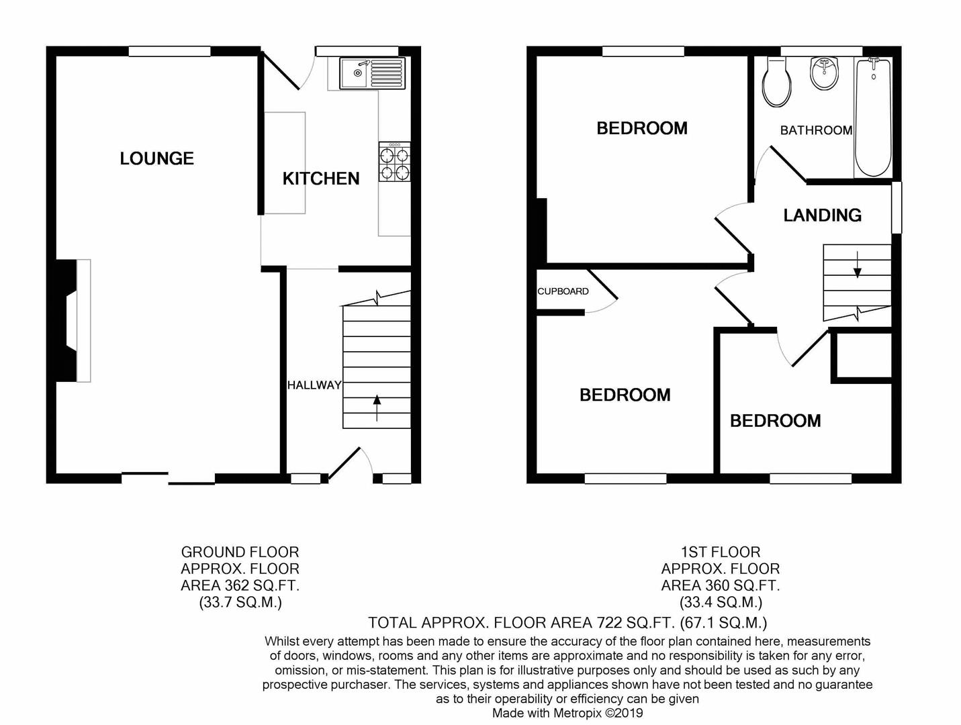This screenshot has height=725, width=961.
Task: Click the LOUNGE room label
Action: tap(156, 158)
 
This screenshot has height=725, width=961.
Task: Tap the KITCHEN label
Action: tap(320, 179)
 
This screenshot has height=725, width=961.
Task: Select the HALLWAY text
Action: tap(314, 385)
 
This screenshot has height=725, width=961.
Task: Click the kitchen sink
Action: tap(372, 72)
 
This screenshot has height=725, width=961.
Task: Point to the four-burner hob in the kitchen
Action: tap(394, 162)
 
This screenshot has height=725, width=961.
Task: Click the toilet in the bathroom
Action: tap(777, 82)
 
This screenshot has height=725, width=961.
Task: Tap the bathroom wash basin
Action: tap(823, 73)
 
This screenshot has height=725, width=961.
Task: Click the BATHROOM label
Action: tap(815, 130)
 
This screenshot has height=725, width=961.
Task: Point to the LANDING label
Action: tap(822, 215)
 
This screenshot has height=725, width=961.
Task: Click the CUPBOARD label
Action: tap(563, 291)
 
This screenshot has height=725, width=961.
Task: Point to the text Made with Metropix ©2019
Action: tap(567, 713)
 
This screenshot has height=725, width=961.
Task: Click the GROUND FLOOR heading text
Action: tap(240, 552)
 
